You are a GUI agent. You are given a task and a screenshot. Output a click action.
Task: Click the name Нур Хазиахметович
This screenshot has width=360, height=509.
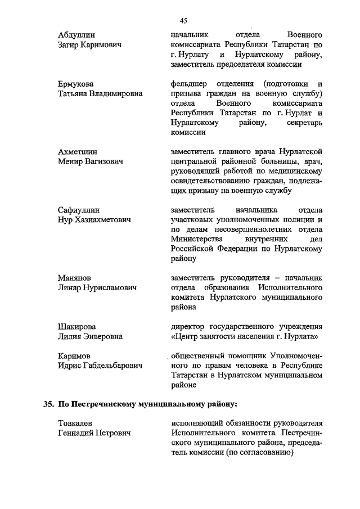click(94, 220)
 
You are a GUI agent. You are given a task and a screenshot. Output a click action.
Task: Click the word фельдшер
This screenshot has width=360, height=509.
click(188, 84)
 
